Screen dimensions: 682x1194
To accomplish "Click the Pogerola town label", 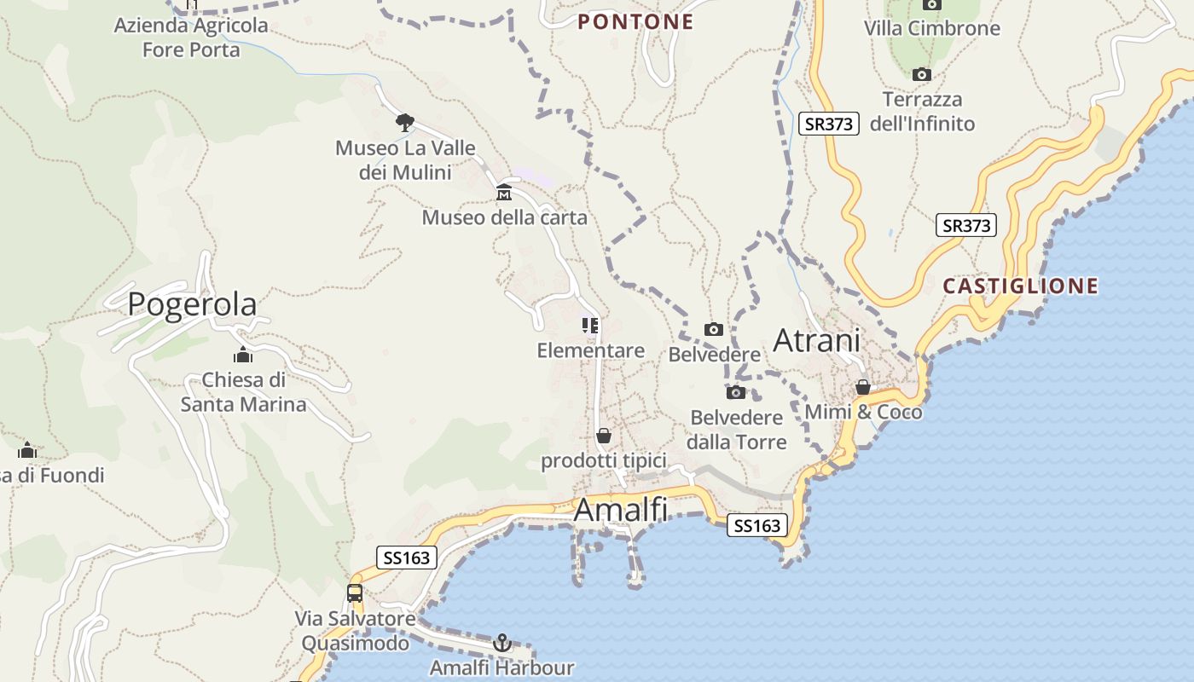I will pos(192,304).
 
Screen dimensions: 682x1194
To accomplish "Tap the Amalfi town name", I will pos(620,510).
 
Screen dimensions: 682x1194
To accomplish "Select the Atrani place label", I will pos(816,341).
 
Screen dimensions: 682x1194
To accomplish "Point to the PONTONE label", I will pos(635,22).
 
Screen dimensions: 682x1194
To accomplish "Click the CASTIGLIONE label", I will pos(1020,286).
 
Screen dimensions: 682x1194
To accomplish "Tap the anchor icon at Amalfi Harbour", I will pos(502,642).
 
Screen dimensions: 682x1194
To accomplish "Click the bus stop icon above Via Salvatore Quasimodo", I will pos(355,593).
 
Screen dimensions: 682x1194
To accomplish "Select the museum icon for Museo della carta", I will pos(504,192).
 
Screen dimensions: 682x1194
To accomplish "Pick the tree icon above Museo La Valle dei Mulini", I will pos(405,122).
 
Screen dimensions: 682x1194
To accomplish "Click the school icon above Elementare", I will pos(590,326).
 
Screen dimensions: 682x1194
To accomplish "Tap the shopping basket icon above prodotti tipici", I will pos(604,436).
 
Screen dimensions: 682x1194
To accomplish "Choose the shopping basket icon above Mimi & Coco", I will pos(863,387).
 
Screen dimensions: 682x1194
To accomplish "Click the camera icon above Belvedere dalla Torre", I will pos(736,392).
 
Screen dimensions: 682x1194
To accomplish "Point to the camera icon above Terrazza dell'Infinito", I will pos(922,75).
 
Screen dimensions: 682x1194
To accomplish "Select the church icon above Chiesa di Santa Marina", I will pos(243,355).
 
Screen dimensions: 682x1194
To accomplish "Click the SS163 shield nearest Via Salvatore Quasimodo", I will pos(407,558).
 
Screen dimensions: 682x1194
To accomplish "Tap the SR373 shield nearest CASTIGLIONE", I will pos(966,225).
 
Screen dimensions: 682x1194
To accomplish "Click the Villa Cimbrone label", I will pos(931,29).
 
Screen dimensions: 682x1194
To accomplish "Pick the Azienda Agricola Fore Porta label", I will pos(191,38).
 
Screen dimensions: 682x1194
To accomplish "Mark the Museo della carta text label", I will pos(505,218).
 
